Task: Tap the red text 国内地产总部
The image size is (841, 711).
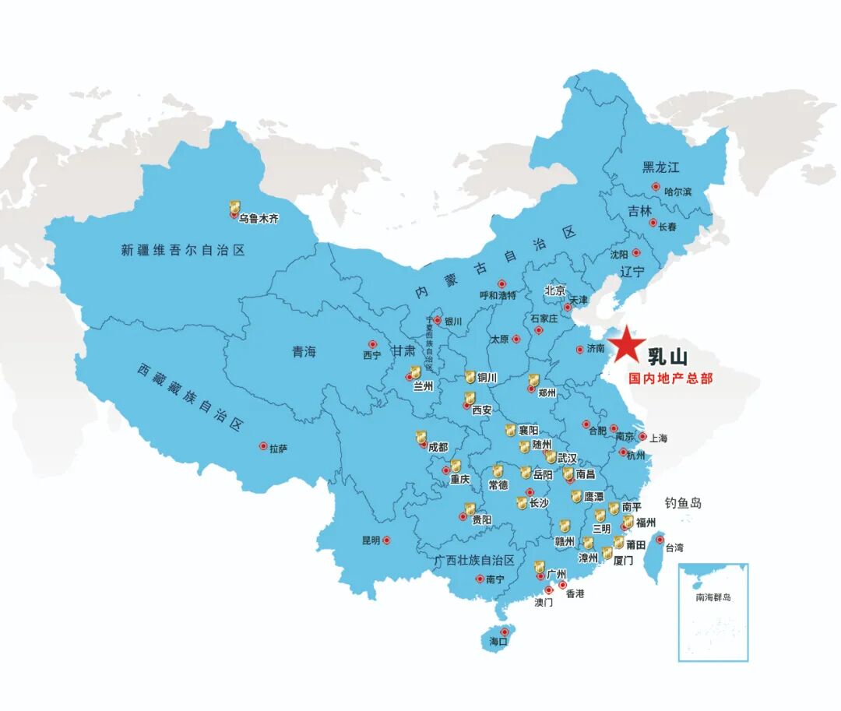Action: tap(670, 380)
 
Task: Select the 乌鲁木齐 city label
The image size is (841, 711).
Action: tap(259, 220)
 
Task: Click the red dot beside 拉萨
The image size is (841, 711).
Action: tap(263, 446)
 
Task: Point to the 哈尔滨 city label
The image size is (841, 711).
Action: tap(677, 191)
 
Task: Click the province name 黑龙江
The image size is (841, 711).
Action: tap(661, 167)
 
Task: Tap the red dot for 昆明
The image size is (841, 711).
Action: tap(386, 540)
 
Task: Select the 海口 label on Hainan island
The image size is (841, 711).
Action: tap(498, 642)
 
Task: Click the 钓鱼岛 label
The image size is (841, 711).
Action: tap(683, 503)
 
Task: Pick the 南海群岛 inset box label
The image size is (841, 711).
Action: tap(714, 597)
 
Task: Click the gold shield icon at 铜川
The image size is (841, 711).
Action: tap(470, 377)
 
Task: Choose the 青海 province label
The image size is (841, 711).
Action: tap(304, 352)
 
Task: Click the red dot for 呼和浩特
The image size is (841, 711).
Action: tap(501, 284)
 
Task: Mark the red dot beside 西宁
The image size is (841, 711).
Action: tap(371, 344)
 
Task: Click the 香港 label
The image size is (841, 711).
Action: tap(575, 594)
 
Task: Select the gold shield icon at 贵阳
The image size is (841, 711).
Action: tap(470, 509)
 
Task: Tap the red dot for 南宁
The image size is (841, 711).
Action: tap(479, 579)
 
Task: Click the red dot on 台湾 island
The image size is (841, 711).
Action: tap(659, 539)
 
